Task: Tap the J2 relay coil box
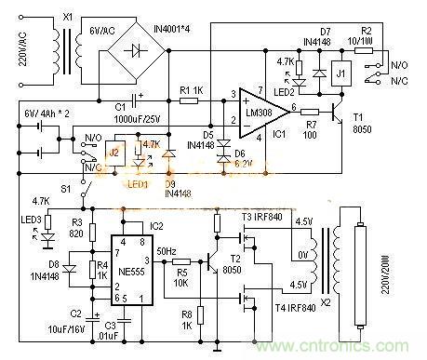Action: pyautogui.click(x=115, y=153)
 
